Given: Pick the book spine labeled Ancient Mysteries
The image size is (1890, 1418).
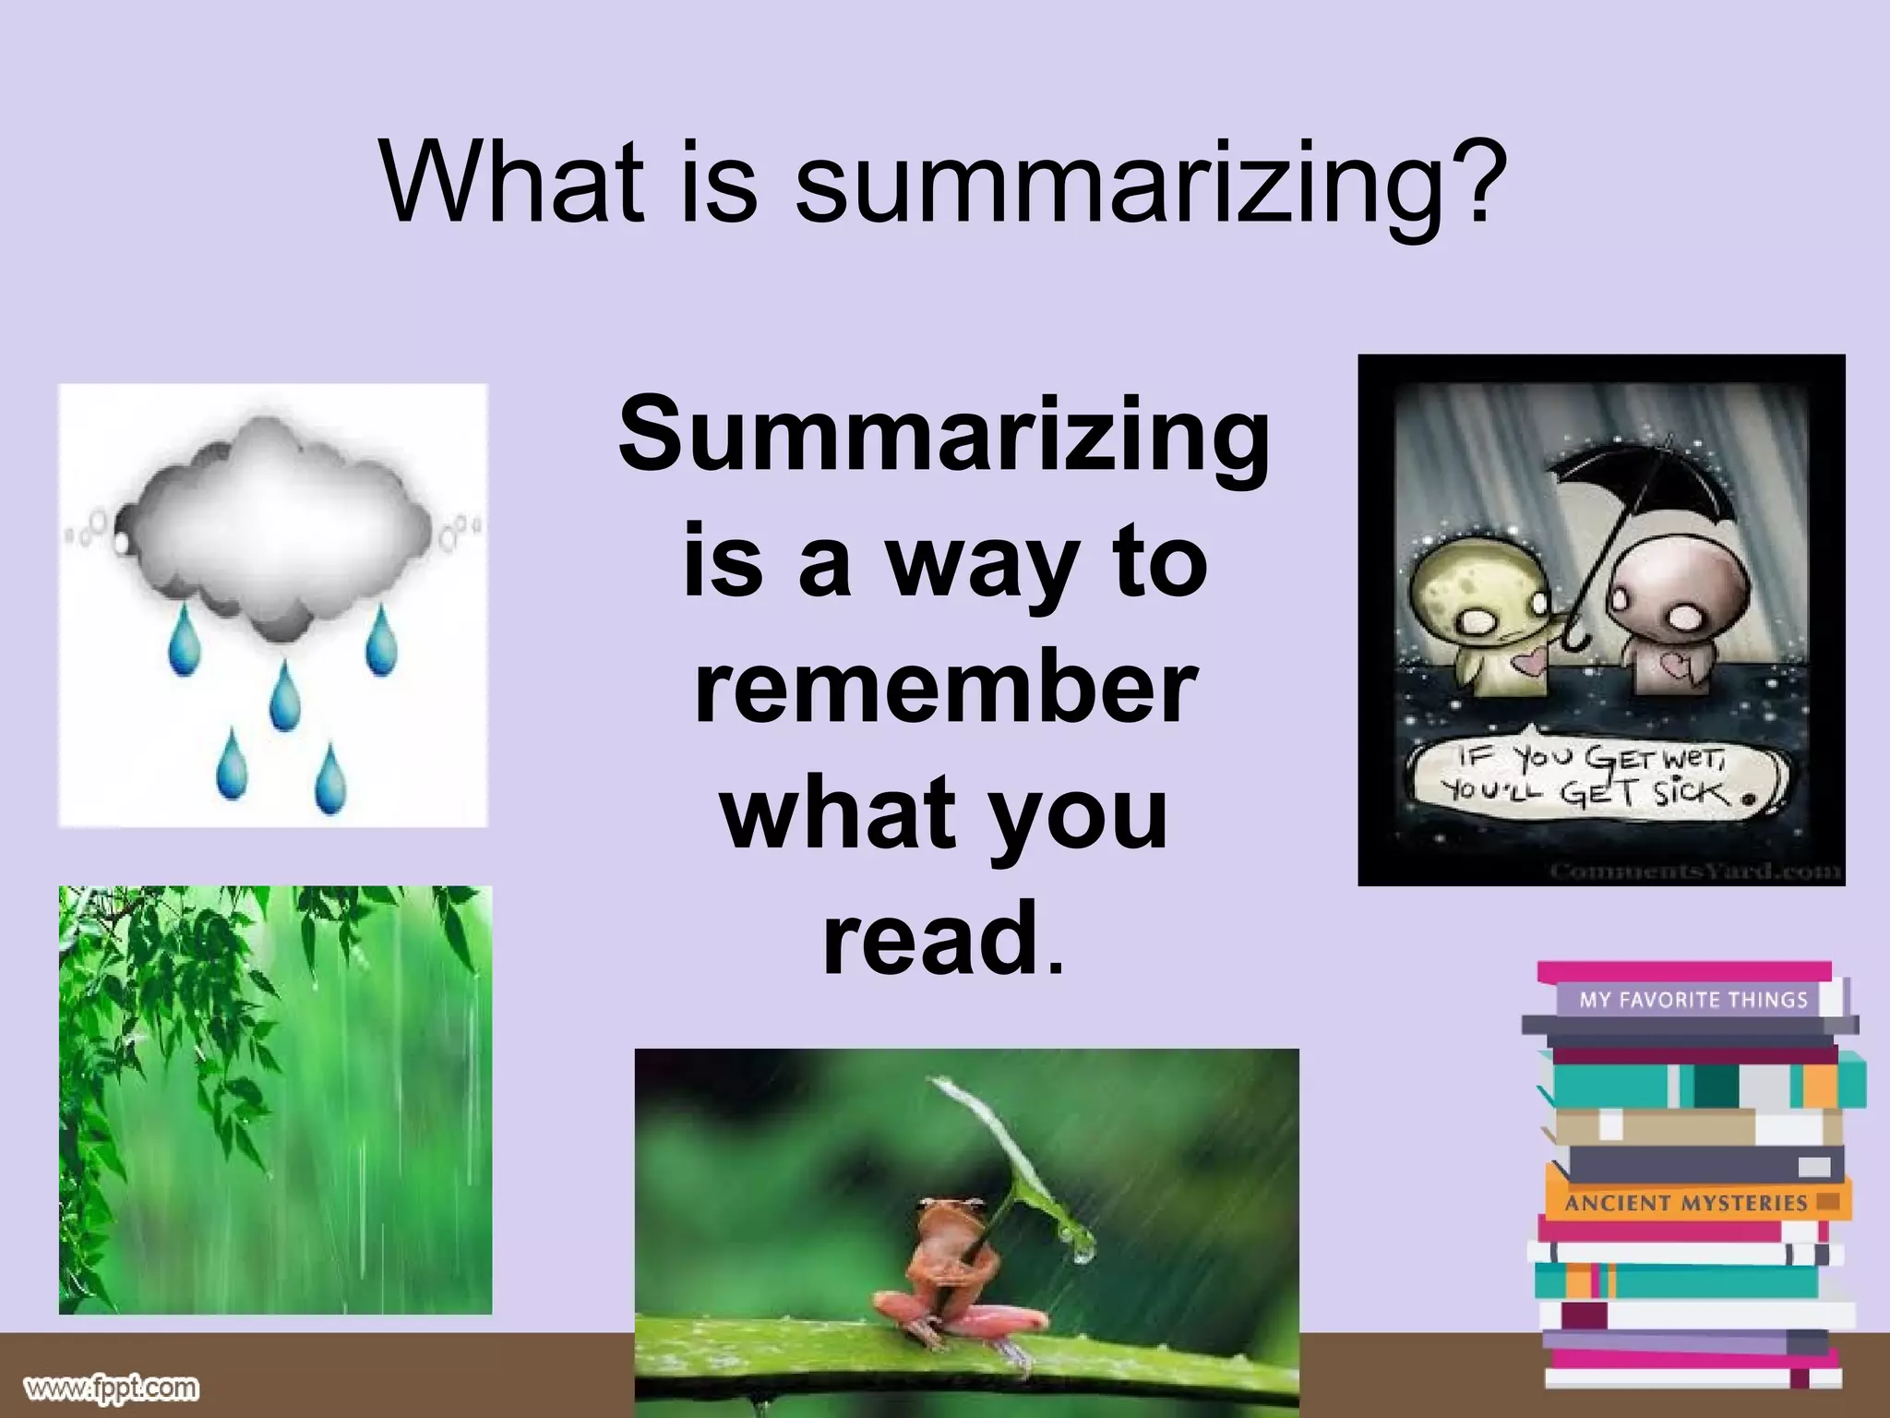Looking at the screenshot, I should pyautogui.click(x=1685, y=1203).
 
